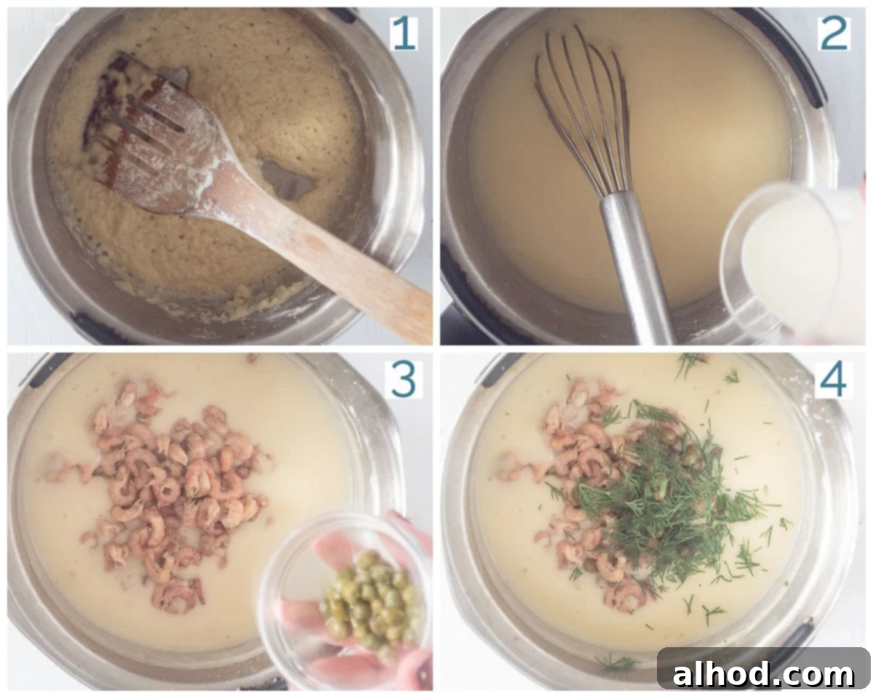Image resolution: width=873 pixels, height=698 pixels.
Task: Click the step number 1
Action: tap(404, 34)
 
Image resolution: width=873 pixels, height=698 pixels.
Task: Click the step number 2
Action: tap(834, 34)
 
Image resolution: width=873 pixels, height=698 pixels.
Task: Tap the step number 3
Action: tap(403, 380)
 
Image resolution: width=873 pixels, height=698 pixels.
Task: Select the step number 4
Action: tap(833, 380)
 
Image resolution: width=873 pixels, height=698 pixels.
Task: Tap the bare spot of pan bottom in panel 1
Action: tap(287, 178)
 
